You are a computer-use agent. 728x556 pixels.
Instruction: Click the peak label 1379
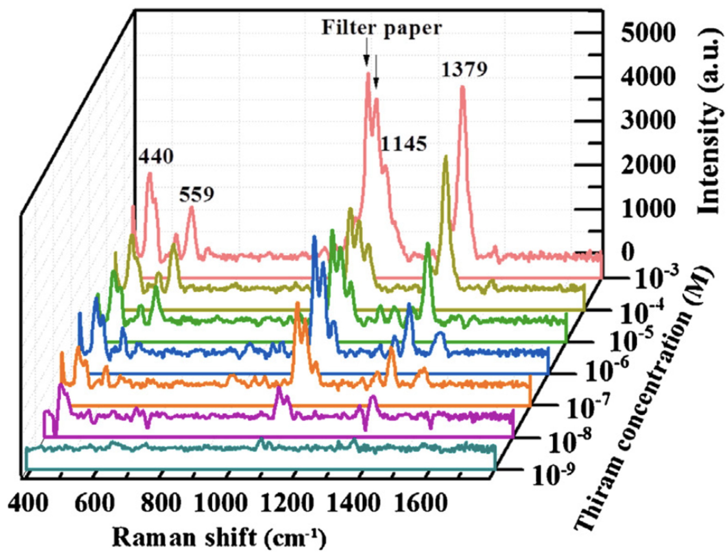point(465,70)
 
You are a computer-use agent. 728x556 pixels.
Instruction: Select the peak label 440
point(156,157)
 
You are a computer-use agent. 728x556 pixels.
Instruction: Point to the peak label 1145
point(403,145)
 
